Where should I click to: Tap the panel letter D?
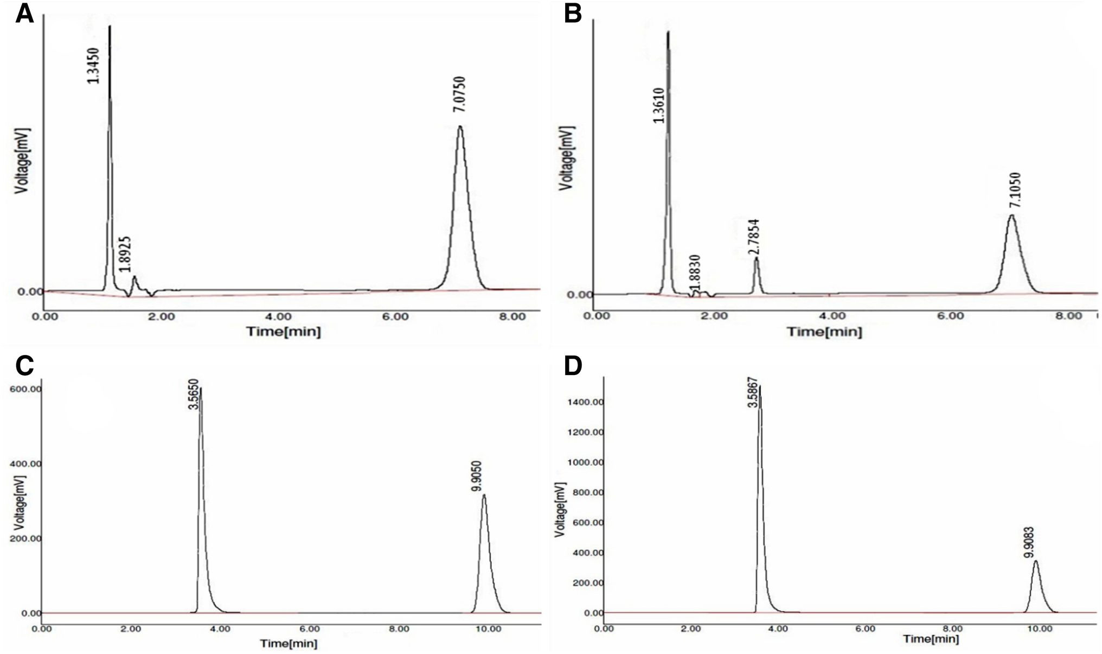(573, 366)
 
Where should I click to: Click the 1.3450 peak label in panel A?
(94, 65)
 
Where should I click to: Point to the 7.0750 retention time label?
(459, 94)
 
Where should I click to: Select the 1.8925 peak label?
(125, 253)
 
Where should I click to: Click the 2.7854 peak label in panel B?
(754, 237)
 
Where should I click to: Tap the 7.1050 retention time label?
(1015, 190)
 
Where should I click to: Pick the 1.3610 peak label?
(659, 105)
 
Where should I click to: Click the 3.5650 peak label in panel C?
(194, 394)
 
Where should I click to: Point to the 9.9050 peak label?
(477, 476)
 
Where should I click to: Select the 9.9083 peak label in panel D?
(1028, 543)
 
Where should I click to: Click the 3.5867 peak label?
(752, 392)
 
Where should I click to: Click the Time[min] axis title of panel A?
(284, 331)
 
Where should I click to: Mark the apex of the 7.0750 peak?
(460, 126)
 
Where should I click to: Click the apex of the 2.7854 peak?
(756, 258)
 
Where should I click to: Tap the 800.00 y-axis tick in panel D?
(588, 492)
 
